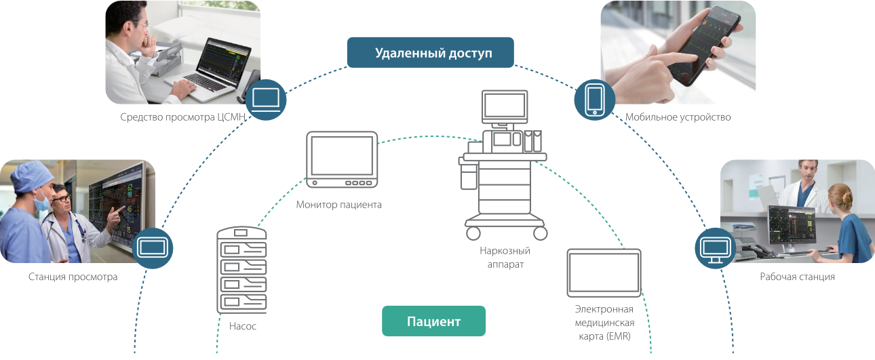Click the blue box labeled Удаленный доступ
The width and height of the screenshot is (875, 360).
click(431, 53)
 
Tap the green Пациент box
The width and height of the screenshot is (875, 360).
click(433, 321)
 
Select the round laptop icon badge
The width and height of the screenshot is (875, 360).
click(265, 99)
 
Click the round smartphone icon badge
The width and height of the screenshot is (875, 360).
click(595, 99)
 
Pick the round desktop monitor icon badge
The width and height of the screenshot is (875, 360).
click(716, 249)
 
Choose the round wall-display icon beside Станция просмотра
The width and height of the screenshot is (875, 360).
click(152, 248)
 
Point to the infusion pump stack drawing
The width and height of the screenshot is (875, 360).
click(242, 270)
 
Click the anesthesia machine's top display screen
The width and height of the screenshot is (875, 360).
click(504, 106)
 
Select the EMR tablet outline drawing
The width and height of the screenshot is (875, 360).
click(604, 273)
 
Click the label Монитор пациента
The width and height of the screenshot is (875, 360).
click(338, 204)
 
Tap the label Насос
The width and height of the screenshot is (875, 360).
click(242, 326)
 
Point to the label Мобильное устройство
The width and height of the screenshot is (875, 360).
click(678, 117)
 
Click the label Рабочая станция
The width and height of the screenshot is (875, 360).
click(797, 277)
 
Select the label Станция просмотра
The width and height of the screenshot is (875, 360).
click(73, 277)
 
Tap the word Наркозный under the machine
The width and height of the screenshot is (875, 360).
click(505, 251)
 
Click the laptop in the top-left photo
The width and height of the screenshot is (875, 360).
click(217, 64)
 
